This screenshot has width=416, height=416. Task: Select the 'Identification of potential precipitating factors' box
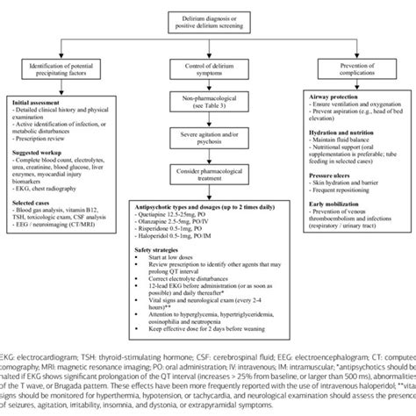coord(63,71)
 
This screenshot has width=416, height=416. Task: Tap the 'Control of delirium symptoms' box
coord(207,71)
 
